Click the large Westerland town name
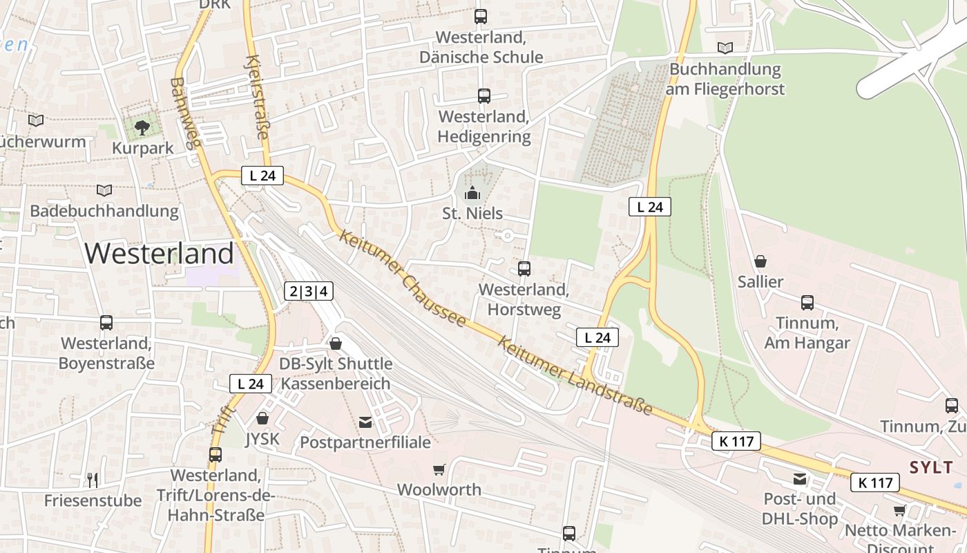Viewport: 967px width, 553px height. [160, 254]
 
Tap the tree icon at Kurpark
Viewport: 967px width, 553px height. [142, 127]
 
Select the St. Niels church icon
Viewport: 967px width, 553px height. [472, 193]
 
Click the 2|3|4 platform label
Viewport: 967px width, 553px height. [309, 291]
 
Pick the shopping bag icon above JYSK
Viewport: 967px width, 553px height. [262, 418]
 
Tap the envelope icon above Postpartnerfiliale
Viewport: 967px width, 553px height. [365, 422]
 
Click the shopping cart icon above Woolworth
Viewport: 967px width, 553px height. [439, 470]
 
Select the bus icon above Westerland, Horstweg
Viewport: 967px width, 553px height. [524, 268]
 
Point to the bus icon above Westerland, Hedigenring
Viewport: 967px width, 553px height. [484, 96]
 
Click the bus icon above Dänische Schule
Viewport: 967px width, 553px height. [481, 17]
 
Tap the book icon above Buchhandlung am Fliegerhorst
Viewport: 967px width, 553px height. [725, 48]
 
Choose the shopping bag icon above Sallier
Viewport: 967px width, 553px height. [760, 261]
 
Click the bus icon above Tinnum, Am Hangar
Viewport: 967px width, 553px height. [807, 302]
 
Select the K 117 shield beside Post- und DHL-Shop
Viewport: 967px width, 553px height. [874, 482]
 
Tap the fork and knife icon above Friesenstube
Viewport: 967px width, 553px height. [93, 480]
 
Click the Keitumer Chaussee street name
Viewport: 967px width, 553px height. [403, 279]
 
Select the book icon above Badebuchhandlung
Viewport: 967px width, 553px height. [104, 190]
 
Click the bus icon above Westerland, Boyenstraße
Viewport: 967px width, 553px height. [106, 322]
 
